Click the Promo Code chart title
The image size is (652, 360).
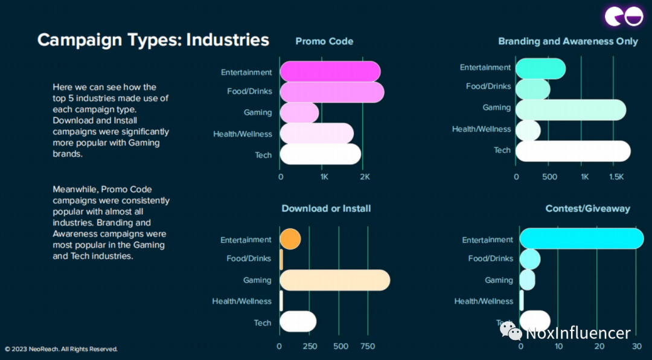pyautogui.click(x=324, y=41)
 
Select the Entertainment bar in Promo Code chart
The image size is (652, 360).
pyautogui.click(x=330, y=72)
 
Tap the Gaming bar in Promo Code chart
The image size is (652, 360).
pyautogui.click(x=299, y=112)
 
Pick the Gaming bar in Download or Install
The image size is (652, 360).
pyautogui.click(x=334, y=280)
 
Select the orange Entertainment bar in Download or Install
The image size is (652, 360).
pyautogui.click(x=290, y=239)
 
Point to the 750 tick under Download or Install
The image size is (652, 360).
pyautogui.click(x=367, y=347)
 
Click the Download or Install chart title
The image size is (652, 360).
pyautogui.click(x=326, y=208)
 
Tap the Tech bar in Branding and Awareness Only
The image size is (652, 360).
pyautogui.click(x=573, y=150)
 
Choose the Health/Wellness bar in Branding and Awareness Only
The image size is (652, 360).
pyautogui.click(x=528, y=129)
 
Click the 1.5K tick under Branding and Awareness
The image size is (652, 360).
pyautogui.click(x=616, y=177)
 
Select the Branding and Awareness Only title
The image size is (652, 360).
pyautogui.click(x=567, y=41)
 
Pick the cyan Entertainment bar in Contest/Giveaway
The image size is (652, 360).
pyautogui.click(x=581, y=239)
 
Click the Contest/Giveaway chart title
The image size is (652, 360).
pyautogui.click(x=587, y=208)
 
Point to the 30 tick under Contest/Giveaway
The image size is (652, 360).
pyautogui.click(x=636, y=347)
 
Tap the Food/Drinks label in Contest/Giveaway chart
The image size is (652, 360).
pyautogui.click(x=490, y=259)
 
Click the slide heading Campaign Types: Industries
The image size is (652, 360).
pyautogui.click(x=153, y=40)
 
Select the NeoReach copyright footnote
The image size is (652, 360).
pyautogui.click(x=61, y=349)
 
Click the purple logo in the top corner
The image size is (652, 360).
pyautogui.click(x=625, y=16)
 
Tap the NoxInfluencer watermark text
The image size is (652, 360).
pyautogui.click(x=578, y=333)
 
